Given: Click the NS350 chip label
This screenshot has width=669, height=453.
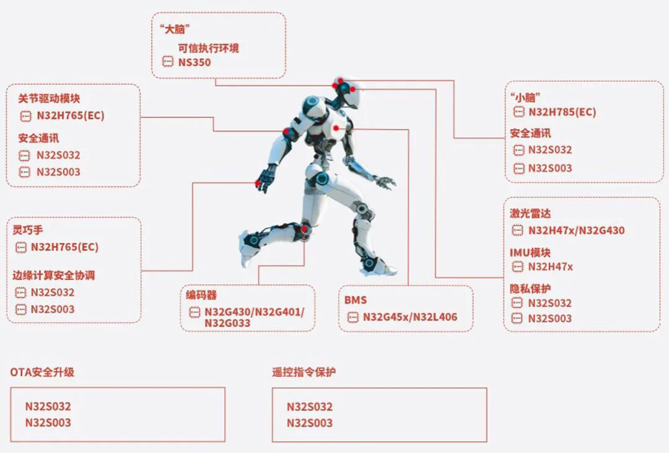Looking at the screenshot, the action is (x=195, y=63).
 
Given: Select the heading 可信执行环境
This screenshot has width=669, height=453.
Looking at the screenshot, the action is (x=208, y=48).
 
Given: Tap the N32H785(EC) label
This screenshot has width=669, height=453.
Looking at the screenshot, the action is (x=562, y=112).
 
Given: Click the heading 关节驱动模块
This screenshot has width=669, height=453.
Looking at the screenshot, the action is (x=49, y=99).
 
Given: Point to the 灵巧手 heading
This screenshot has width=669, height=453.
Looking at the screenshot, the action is (x=28, y=230).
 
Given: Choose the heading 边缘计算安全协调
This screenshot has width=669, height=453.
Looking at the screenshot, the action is (x=54, y=275).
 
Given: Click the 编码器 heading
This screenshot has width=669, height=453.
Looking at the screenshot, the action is (x=201, y=295).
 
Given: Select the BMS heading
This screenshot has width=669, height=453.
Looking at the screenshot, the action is (x=356, y=300).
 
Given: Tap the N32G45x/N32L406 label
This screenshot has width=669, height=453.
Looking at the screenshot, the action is (x=410, y=317).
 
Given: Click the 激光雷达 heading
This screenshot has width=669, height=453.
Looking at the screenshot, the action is (x=530, y=213).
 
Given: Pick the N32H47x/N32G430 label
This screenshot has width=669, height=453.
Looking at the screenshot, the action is (x=577, y=231).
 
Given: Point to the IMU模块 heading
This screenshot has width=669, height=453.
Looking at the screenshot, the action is (x=530, y=253).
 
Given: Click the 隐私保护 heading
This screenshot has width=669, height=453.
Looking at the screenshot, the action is (x=530, y=289).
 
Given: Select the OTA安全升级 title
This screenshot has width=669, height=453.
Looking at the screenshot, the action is (x=42, y=372).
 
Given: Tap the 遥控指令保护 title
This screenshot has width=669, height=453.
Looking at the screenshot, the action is (x=304, y=372).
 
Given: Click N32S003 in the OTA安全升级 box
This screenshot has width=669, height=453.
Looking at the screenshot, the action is (x=48, y=423).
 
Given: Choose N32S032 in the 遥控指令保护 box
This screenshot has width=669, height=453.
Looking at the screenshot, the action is (x=309, y=407).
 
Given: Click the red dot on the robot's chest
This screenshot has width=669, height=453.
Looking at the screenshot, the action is (x=336, y=128).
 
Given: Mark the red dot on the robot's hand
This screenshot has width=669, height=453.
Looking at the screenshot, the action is (x=258, y=183).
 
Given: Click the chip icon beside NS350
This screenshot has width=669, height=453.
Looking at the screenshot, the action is (x=168, y=62).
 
